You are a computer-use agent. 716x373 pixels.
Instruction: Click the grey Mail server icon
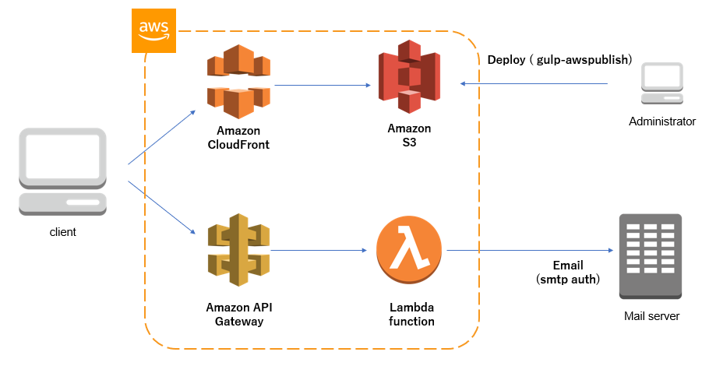point(651,256)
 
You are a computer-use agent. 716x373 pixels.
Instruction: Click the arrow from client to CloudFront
point(161,137)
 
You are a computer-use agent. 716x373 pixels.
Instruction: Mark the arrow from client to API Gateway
point(161,207)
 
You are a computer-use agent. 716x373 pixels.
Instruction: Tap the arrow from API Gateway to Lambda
point(318,251)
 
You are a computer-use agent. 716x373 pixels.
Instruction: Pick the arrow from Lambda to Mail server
point(530,251)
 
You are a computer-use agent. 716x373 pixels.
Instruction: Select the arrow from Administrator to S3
point(545,83)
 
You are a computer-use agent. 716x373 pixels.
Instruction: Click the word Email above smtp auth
point(567,265)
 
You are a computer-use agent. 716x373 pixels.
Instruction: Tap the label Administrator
point(661,121)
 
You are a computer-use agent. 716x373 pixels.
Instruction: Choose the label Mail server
point(651,316)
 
